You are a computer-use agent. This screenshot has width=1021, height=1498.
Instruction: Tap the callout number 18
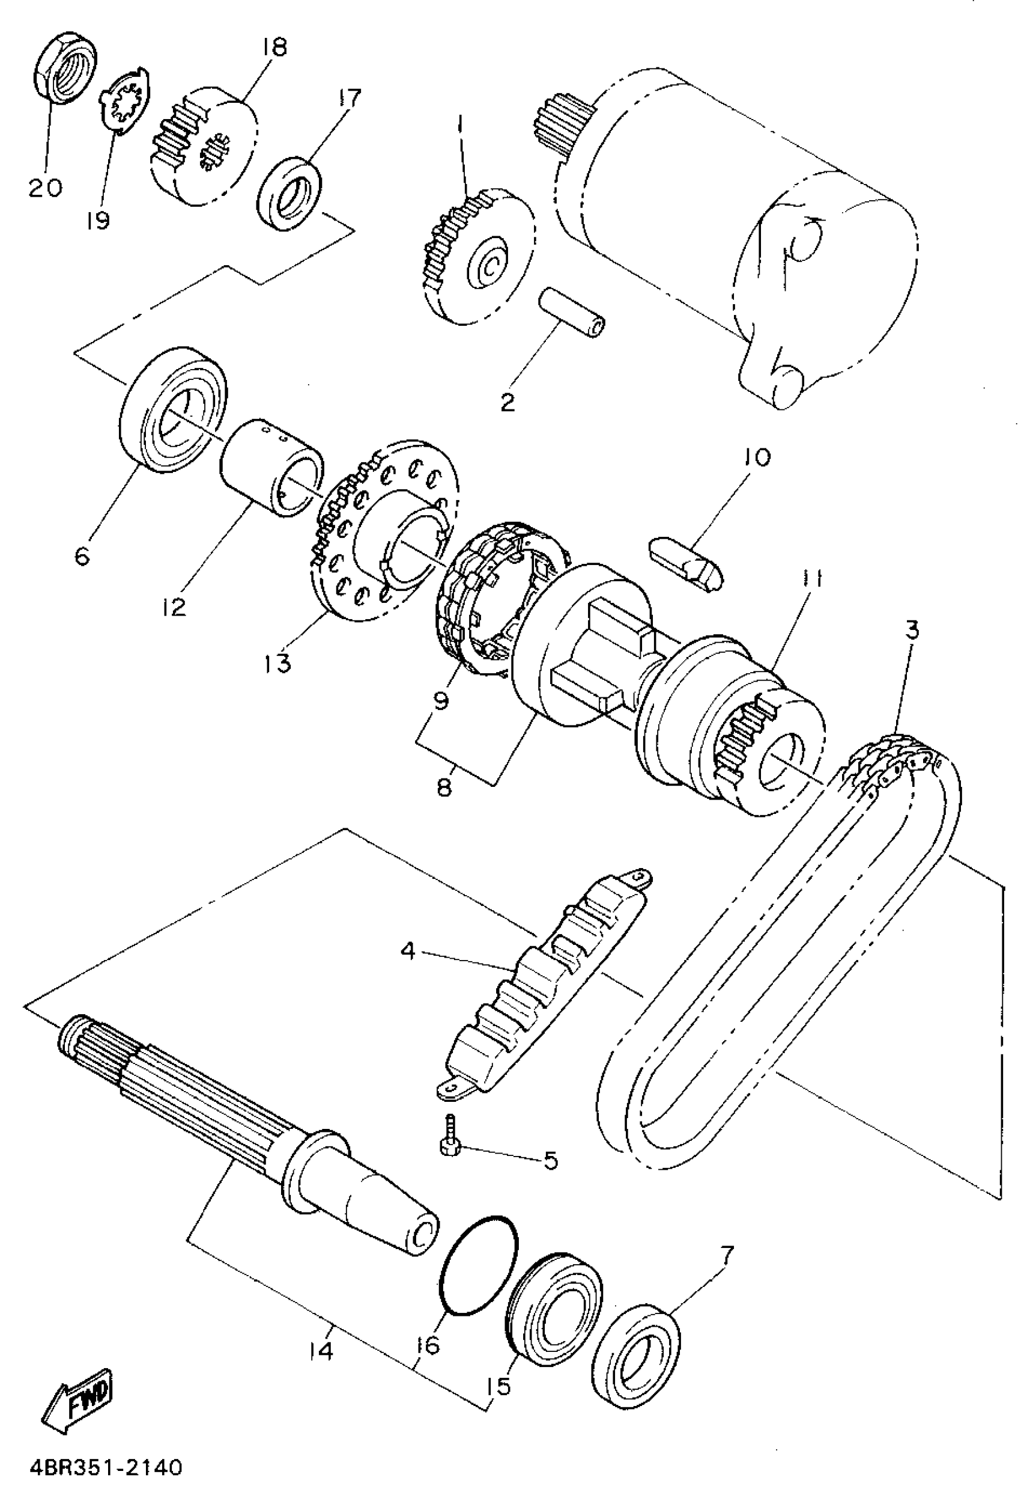click(274, 47)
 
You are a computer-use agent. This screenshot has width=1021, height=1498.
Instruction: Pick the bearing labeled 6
click(175, 409)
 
